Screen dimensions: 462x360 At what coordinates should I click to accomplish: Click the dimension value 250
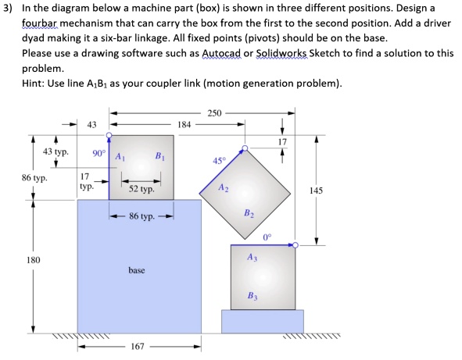point(213,114)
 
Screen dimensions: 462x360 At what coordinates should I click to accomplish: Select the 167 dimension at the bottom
point(138,347)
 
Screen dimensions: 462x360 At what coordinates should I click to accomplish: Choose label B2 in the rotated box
point(249,212)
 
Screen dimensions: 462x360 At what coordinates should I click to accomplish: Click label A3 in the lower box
point(252,257)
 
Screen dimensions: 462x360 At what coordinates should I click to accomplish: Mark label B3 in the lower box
point(252,294)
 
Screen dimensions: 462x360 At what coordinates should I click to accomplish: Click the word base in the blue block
point(138,270)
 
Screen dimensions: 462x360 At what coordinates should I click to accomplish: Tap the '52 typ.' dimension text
point(141,190)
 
